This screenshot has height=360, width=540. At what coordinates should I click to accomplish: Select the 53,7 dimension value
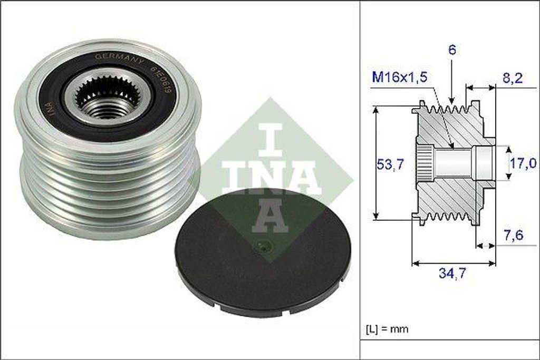391,164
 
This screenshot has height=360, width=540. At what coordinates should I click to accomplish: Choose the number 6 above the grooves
452,51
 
